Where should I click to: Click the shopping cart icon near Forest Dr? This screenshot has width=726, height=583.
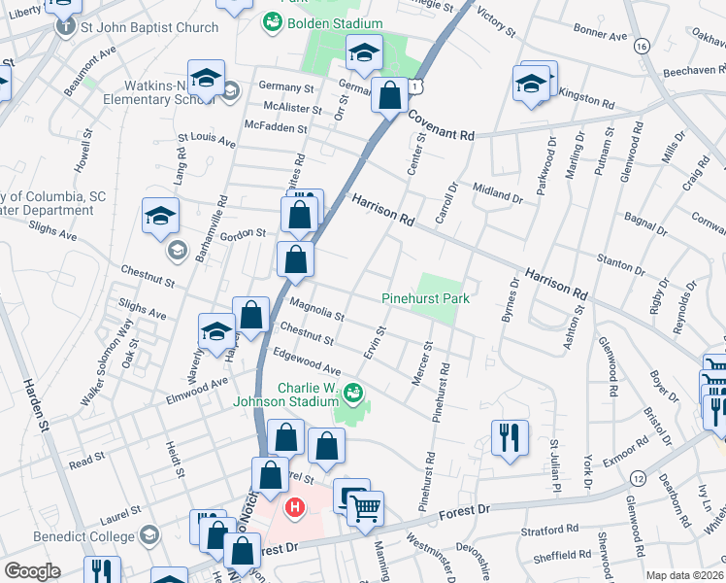point(365,507)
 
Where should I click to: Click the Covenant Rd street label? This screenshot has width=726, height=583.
point(441,125)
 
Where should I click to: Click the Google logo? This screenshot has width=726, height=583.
point(32,570)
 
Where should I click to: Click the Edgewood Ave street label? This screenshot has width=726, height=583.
point(308,363)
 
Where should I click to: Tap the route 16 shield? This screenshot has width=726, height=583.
point(641,46)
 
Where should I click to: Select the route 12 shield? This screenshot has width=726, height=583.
point(638,478)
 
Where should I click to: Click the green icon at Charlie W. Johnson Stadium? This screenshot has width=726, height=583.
point(353,394)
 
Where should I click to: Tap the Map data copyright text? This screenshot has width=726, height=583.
point(684,575)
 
